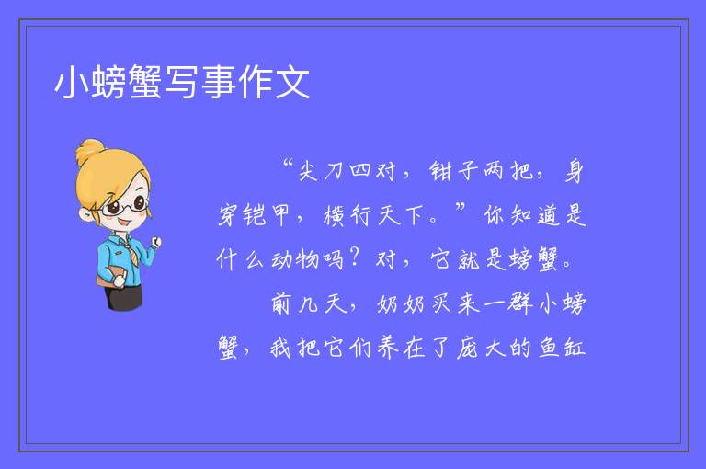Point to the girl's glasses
click(125, 206)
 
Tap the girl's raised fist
click(155, 242)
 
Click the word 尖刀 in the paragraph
click(321, 171)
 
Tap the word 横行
click(347, 215)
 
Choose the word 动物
click(295, 260)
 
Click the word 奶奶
click(401, 304)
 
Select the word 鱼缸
click(562, 349)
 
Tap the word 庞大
click(481, 349)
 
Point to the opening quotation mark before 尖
click(288, 163)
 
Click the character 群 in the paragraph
click(521, 304)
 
